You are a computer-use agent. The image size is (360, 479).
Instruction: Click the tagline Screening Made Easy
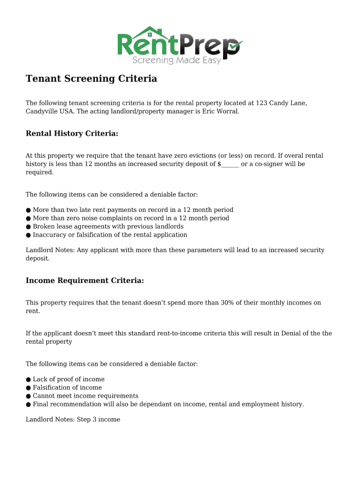(176, 60)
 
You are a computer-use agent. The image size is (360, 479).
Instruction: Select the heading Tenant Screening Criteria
(91, 79)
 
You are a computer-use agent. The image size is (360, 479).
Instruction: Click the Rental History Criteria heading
(72, 134)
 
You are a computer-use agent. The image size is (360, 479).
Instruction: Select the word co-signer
(265, 164)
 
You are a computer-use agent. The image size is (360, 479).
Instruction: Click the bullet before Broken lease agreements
(29, 227)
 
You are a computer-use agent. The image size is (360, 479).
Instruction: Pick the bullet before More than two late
(29, 210)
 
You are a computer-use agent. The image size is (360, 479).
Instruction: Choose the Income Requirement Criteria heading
(85, 281)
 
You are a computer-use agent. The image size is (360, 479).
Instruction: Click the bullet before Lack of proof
(29, 379)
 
